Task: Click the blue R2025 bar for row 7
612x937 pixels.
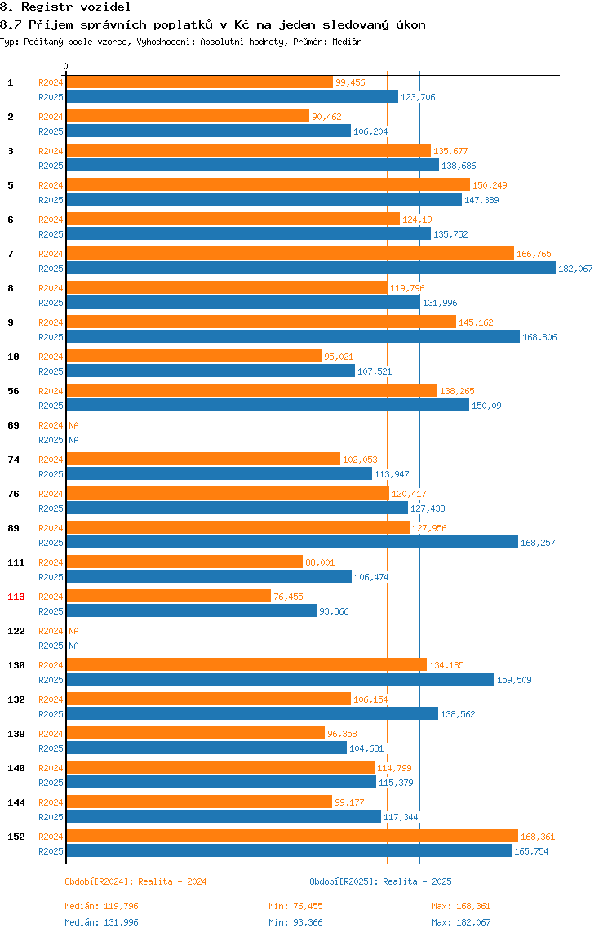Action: tap(311, 269)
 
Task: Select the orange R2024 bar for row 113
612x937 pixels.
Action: tap(169, 597)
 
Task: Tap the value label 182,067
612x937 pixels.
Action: tap(575, 269)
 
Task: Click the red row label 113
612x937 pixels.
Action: tap(16, 597)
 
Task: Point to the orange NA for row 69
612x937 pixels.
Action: tap(73, 425)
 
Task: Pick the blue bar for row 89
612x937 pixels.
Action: tap(292, 543)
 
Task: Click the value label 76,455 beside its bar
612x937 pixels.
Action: tap(289, 597)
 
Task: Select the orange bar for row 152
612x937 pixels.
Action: tap(292, 837)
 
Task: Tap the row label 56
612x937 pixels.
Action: tap(13, 392)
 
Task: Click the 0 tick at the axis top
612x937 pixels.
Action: tap(66, 66)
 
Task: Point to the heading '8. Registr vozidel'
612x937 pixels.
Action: tap(65, 7)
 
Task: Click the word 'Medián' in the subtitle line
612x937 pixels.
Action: tap(347, 42)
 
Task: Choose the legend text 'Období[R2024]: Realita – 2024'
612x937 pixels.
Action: tap(135, 881)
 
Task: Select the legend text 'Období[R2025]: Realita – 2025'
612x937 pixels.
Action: tap(381, 881)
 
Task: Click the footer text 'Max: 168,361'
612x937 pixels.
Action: tap(461, 907)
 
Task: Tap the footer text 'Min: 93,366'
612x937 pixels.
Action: tap(295, 922)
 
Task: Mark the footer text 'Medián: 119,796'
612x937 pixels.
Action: tap(102, 907)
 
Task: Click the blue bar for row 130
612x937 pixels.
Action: tap(281, 679)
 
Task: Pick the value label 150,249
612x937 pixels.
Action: tap(490, 186)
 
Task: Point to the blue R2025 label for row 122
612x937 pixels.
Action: tap(51, 646)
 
